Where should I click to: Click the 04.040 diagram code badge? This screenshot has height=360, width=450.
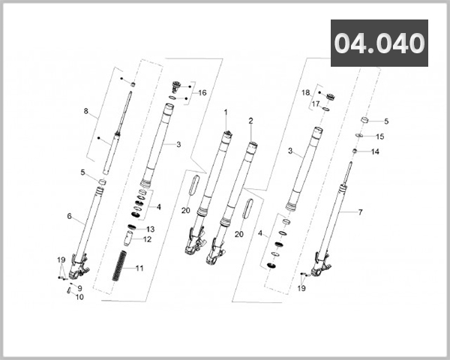379,43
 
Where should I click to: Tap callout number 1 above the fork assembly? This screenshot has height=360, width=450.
224,112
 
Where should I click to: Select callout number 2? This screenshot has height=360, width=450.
250,121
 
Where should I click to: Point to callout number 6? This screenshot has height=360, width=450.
69,217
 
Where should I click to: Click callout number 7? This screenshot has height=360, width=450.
359,212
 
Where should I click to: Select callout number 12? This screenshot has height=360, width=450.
148,239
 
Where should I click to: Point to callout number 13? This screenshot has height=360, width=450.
150,229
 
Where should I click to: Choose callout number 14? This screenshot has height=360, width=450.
376,151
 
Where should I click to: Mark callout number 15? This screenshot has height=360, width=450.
379,136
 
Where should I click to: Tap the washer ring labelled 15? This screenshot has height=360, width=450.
359,136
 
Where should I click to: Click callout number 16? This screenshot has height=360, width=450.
202,93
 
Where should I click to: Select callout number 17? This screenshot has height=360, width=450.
316,103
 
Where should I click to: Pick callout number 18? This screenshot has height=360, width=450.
305,92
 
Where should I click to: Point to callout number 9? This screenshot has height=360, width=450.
79,288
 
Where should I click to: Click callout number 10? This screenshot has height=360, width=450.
80,297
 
